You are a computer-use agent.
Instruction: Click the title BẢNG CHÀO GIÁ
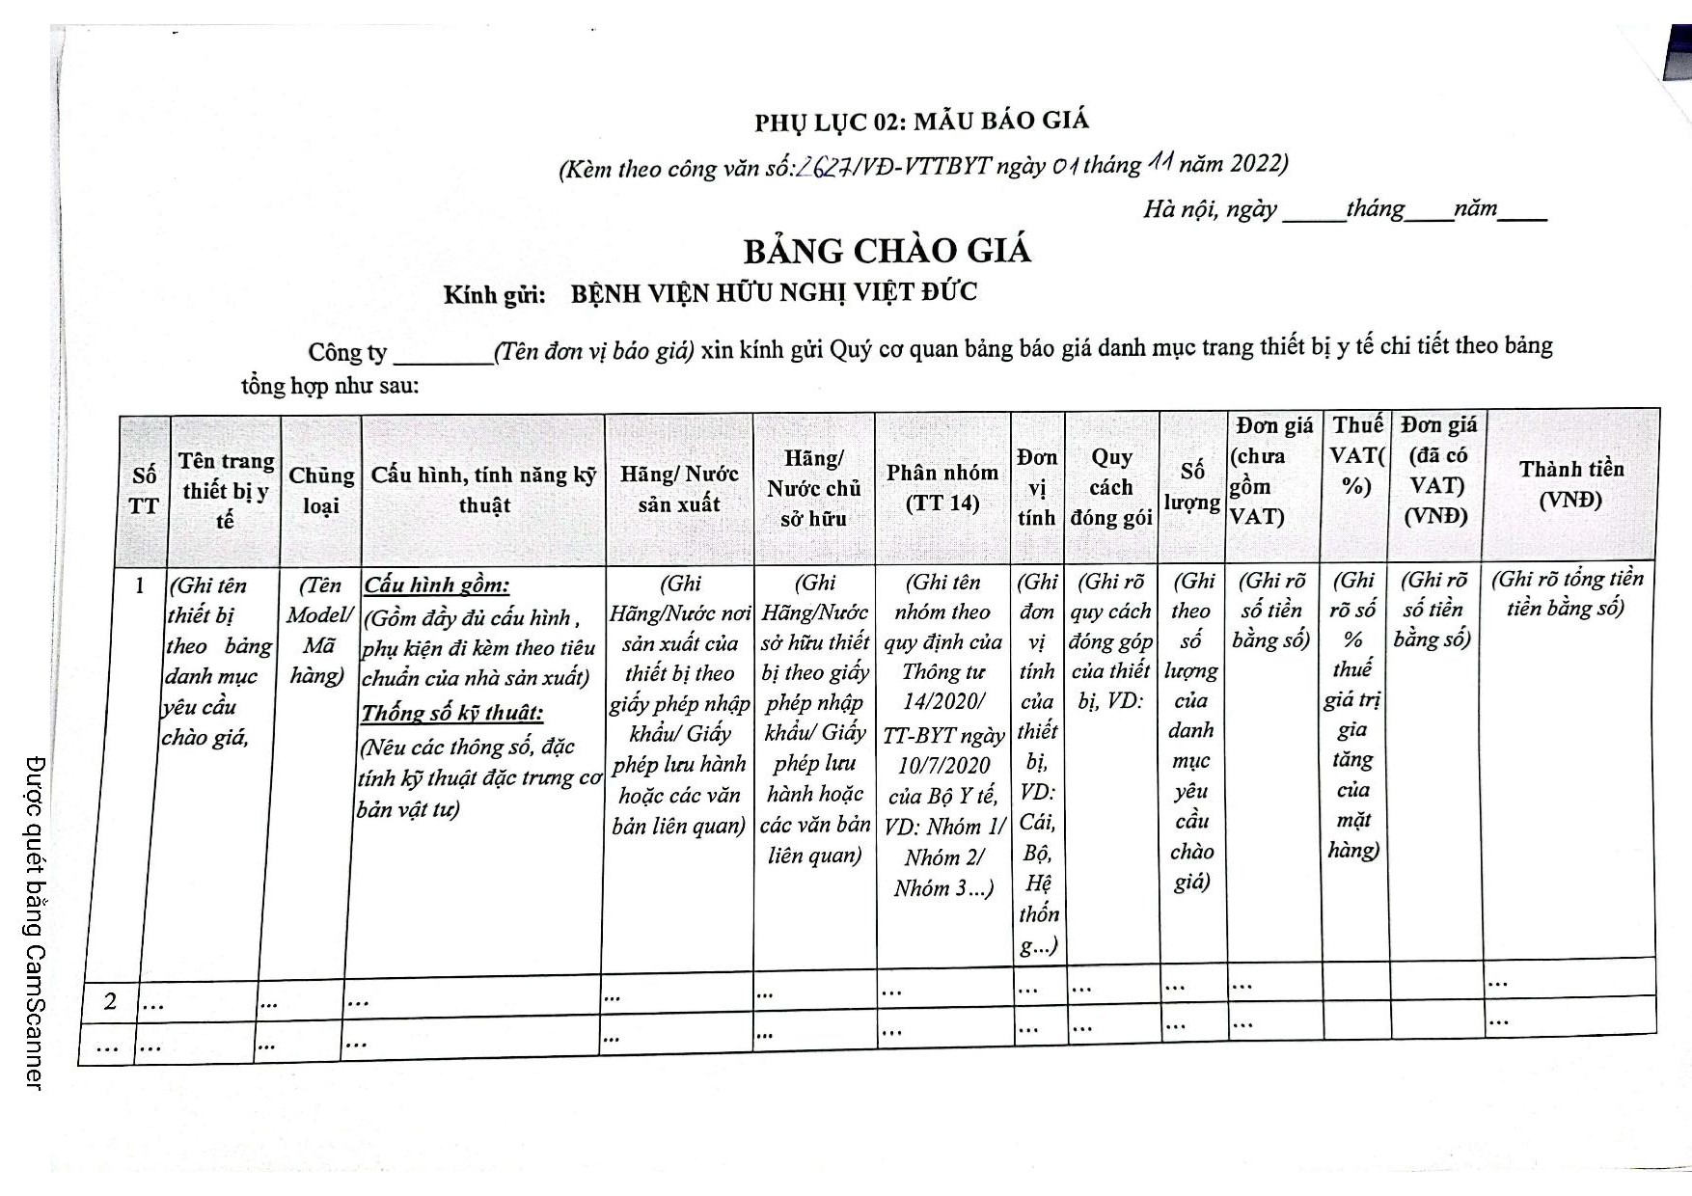tap(887, 251)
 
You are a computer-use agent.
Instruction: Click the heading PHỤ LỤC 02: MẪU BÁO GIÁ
tap(921, 122)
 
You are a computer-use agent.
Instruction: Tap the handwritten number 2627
tap(823, 167)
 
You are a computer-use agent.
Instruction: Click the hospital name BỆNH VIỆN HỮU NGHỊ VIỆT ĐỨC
tap(774, 292)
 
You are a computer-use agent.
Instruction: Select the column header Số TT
tap(144, 490)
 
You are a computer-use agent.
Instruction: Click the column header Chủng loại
tap(321, 490)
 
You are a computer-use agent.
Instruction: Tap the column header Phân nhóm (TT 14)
tap(942, 487)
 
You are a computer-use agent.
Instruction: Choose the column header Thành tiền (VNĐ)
tap(1570, 484)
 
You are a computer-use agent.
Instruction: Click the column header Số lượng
tap(1192, 486)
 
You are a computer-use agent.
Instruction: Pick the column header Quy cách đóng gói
tap(1111, 487)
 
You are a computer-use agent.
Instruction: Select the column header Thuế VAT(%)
tap(1356, 454)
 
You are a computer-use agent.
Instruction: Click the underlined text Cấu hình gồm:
tap(436, 584)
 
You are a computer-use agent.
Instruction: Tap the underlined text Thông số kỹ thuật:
tap(451, 714)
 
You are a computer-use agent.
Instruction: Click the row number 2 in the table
tap(110, 1002)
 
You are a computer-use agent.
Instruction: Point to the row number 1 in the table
tap(141, 585)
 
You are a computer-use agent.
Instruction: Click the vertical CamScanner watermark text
tap(36, 922)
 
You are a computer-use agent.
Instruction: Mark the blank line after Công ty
tap(443, 356)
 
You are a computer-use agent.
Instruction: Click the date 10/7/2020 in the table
tap(943, 765)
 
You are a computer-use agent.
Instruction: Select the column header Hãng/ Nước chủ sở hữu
tap(814, 488)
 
